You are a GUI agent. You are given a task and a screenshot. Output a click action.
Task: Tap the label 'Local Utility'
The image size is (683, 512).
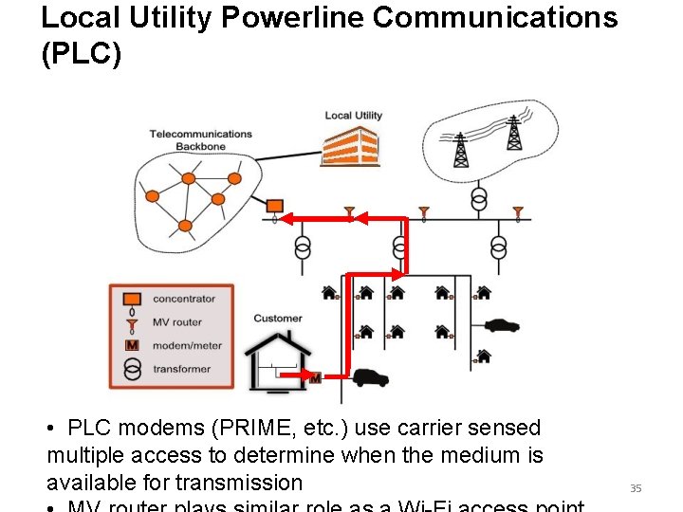pos(353,116)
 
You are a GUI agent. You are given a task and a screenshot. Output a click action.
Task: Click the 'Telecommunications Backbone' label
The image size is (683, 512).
pos(200,140)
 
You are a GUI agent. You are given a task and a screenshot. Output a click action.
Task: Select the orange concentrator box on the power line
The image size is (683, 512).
pos(275,206)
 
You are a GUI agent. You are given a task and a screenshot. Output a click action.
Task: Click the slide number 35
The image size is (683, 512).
pos(636,488)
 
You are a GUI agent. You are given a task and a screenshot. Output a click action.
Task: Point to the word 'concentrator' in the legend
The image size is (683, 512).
pos(184,299)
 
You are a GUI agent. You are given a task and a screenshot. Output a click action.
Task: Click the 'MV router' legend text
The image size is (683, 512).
pos(177,322)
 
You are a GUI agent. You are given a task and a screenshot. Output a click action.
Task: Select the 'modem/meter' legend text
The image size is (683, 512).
pos(187,345)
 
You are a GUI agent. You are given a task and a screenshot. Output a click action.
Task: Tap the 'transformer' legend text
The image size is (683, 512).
pos(182,369)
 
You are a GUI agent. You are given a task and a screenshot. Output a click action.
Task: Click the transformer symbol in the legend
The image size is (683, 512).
pos(132,369)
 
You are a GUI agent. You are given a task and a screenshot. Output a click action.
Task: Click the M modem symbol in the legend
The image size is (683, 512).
pos(132,345)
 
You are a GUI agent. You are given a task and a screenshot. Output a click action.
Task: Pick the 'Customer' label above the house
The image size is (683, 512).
pos(278,319)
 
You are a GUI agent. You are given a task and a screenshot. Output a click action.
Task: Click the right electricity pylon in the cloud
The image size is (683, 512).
pos(513,134)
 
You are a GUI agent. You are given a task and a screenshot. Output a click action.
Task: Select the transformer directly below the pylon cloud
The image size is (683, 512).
pos(479,198)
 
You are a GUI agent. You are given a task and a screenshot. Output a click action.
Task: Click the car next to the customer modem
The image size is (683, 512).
pos(370,377)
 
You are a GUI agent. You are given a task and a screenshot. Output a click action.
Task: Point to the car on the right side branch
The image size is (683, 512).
pos(501,325)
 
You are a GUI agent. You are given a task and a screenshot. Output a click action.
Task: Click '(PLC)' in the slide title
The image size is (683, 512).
pos(82,55)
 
